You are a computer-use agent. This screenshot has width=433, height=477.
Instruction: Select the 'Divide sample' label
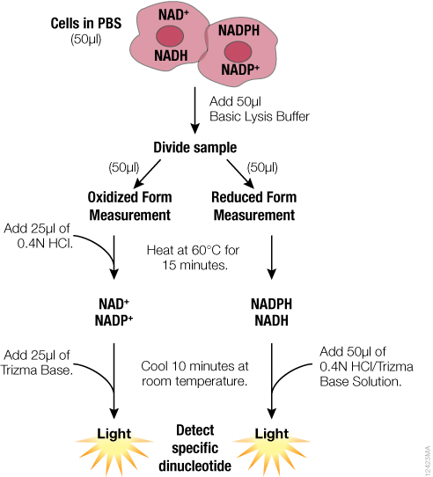(x=194, y=147)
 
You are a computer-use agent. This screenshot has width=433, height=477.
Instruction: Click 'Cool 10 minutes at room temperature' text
(x=193, y=374)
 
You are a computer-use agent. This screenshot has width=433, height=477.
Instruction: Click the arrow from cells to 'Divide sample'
(x=193, y=106)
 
